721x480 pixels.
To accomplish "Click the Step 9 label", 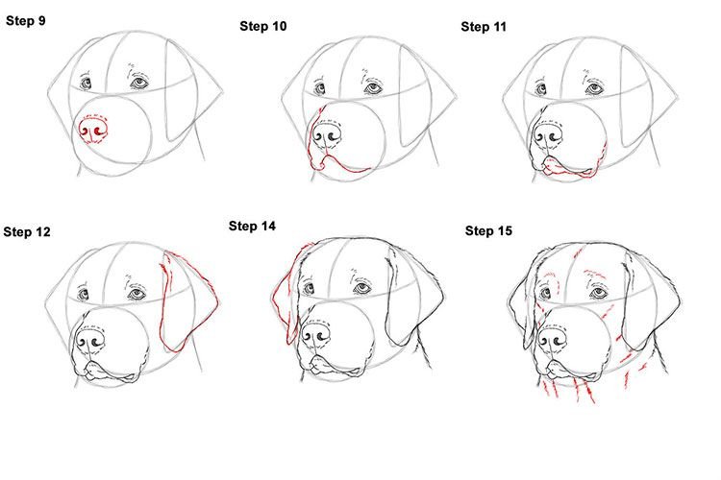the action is coord(26,21).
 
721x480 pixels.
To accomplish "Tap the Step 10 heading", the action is coord(263,26).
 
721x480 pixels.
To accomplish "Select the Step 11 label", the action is coord(484,27).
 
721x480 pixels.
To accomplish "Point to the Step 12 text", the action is coord(27,231).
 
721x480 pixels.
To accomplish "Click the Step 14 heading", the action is coord(252,226).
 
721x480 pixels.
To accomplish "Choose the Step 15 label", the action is coord(488,230).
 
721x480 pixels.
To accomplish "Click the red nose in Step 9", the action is coord(93,131).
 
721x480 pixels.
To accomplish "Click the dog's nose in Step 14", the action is coord(316,336).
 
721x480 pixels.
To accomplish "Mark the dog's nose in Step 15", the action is coord(552,340).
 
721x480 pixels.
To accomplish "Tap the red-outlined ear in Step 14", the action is coord(286,294).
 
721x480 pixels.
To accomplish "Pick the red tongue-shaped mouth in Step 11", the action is coord(567,168).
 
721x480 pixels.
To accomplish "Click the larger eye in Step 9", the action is coord(139,83).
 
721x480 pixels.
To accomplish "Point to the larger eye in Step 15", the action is coord(598,292).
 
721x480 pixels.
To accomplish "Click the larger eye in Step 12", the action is coord(137,293).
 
